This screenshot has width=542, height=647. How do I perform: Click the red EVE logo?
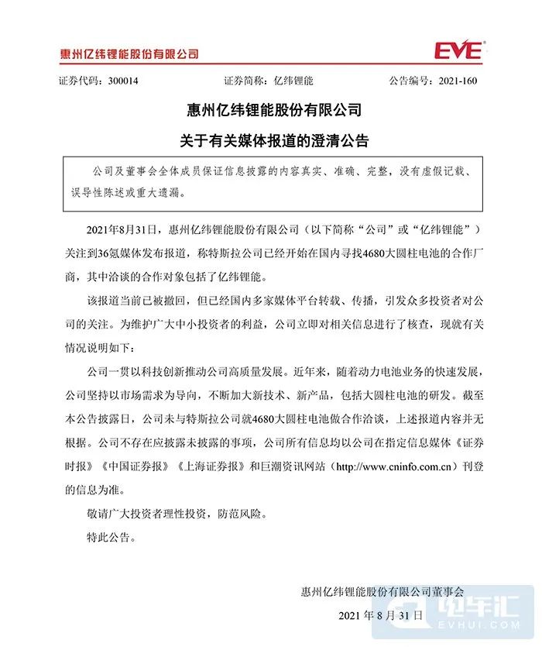point(458,52)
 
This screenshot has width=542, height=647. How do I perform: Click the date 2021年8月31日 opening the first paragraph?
point(123,230)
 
